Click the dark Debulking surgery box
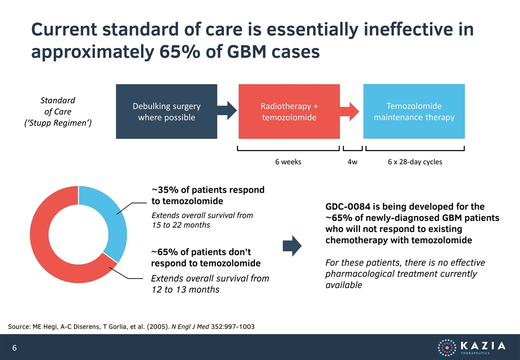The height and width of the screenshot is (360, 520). [166, 111]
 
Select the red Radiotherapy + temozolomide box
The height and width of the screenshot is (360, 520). [289, 111]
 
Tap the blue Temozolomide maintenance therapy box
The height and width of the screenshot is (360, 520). [414, 111]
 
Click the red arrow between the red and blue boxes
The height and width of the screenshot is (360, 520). [349, 111]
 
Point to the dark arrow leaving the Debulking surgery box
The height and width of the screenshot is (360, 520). [227, 110]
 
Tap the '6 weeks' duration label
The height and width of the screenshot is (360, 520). [288, 162]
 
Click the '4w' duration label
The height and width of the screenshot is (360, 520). [352, 162]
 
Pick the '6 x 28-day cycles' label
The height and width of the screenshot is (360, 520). [415, 162]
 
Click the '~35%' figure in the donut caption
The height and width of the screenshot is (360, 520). [165, 189]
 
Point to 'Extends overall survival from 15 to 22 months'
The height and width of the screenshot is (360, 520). [202, 220]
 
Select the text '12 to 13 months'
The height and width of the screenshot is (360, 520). [185, 289]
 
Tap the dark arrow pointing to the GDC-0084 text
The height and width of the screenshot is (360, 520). [292, 246]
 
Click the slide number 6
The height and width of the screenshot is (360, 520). [14, 347]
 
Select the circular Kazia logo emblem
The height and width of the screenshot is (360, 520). [447, 347]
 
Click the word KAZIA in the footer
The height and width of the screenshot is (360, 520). [483, 345]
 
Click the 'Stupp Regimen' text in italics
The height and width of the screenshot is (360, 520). [57, 123]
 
